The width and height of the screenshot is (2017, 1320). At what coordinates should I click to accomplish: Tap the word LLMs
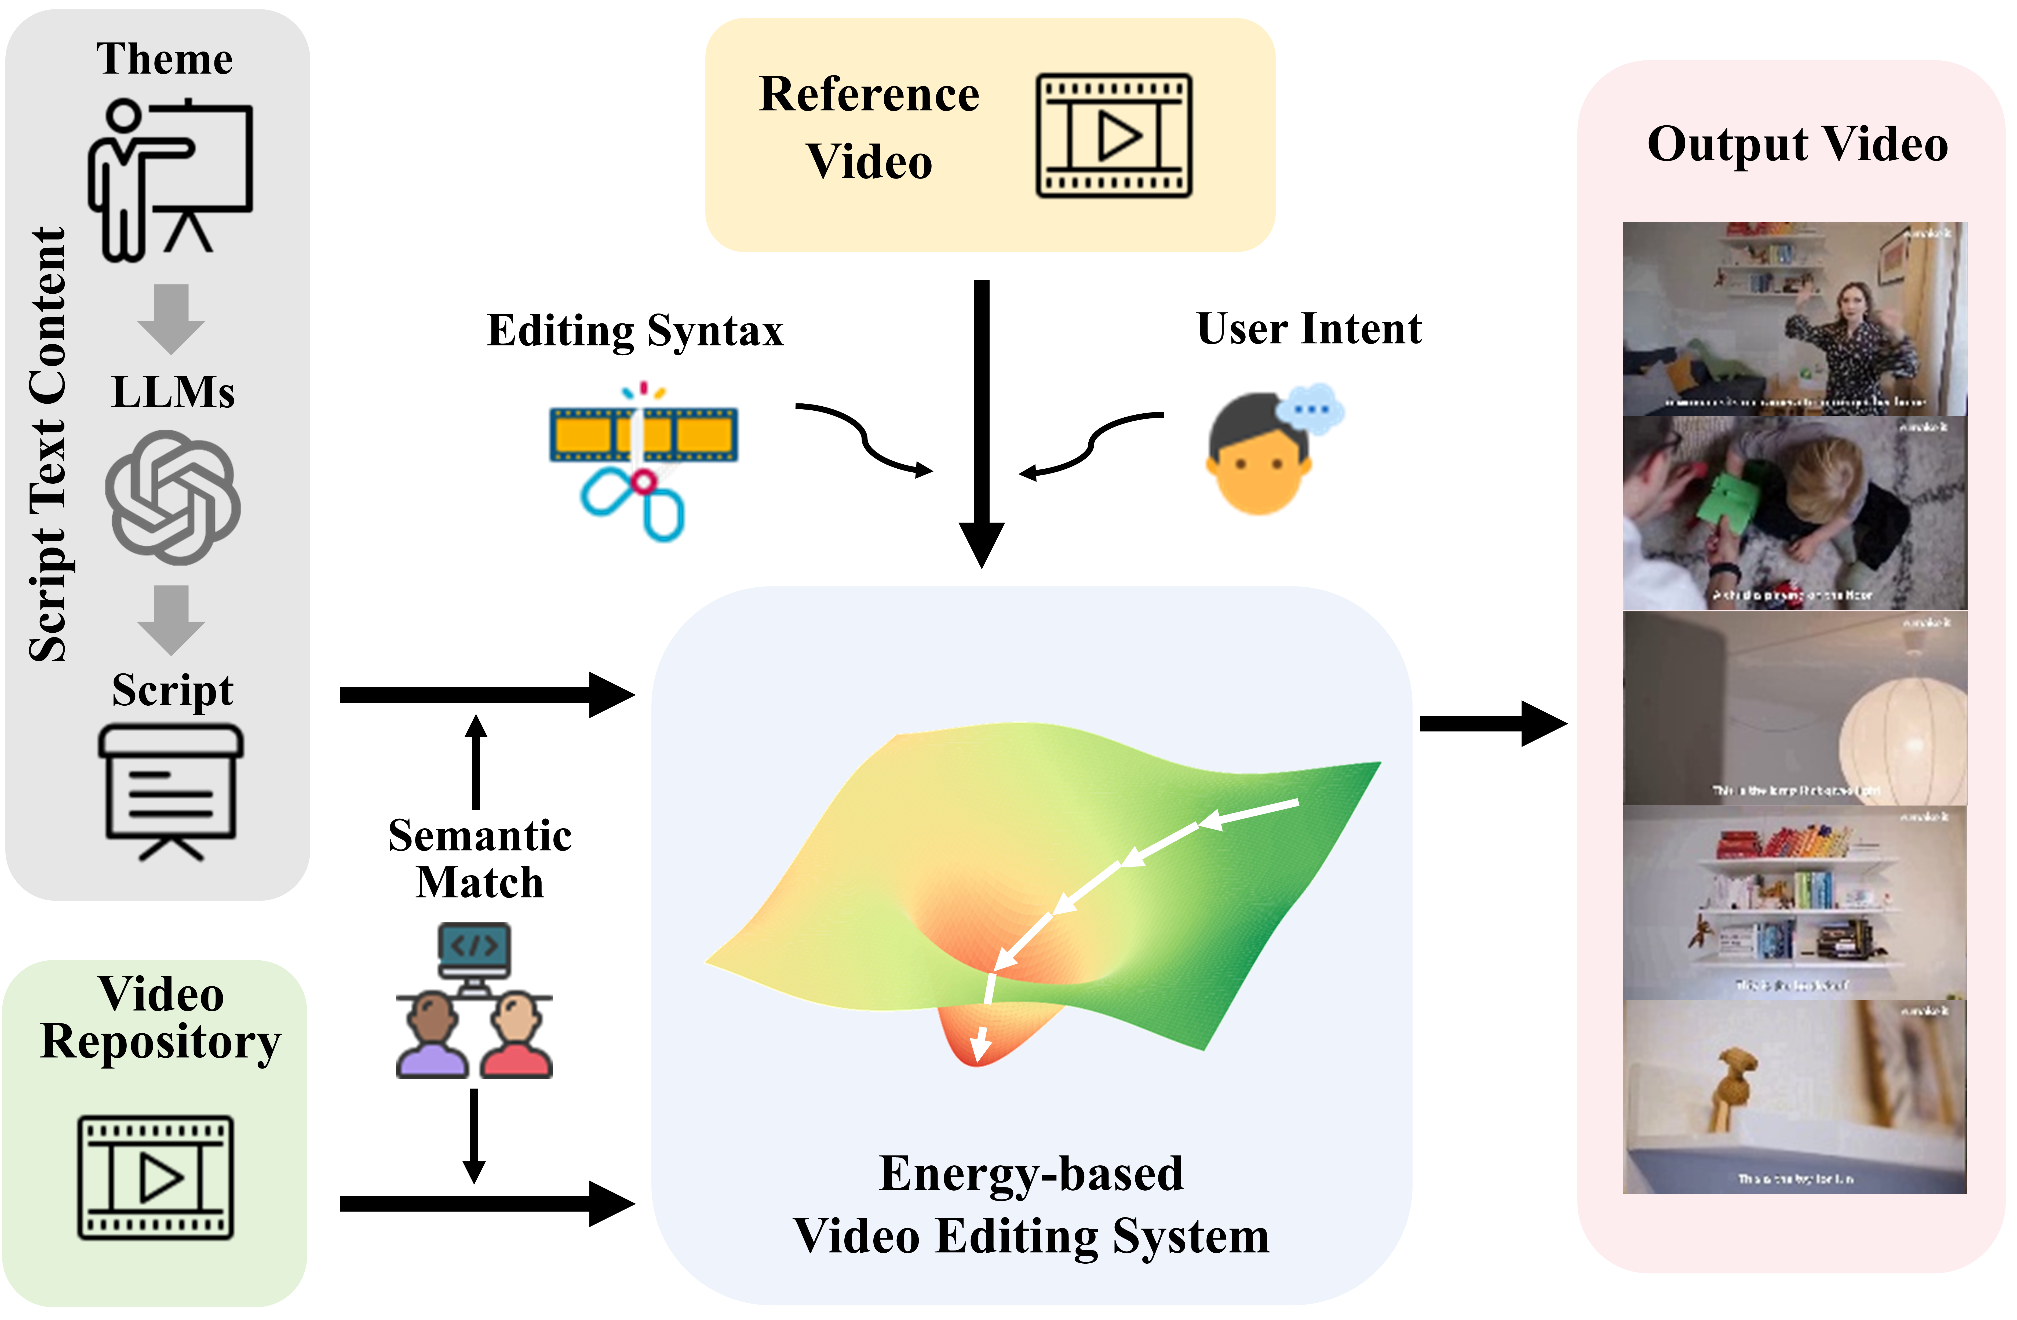(x=173, y=392)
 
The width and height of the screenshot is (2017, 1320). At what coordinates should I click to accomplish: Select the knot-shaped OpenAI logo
(x=173, y=497)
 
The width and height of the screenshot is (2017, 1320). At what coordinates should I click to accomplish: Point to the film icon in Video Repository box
(x=156, y=1178)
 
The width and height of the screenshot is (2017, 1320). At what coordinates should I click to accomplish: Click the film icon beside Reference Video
(x=1114, y=136)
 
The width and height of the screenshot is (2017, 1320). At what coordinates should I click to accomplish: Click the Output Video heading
(x=1797, y=144)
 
